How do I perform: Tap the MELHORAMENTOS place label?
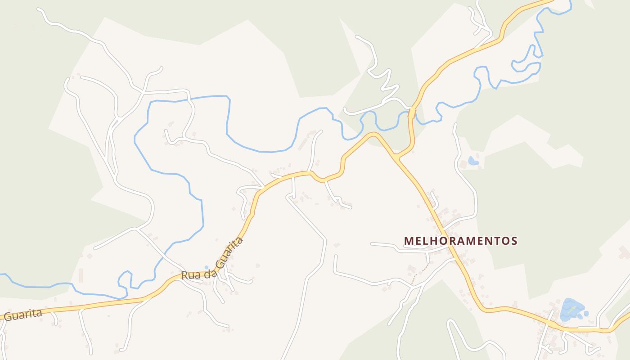click(x=460, y=241)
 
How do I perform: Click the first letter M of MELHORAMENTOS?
click(x=408, y=241)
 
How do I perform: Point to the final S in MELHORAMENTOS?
click(x=514, y=241)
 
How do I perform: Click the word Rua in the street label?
click(x=190, y=275)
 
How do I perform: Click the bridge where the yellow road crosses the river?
click(x=411, y=112)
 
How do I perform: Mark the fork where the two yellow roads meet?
click(x=396, y=157)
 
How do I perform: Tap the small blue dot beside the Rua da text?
click(x=207, y=268)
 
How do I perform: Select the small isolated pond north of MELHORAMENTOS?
click(x=472, y=160)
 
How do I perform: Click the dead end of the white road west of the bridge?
click(x=345, y=109)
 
